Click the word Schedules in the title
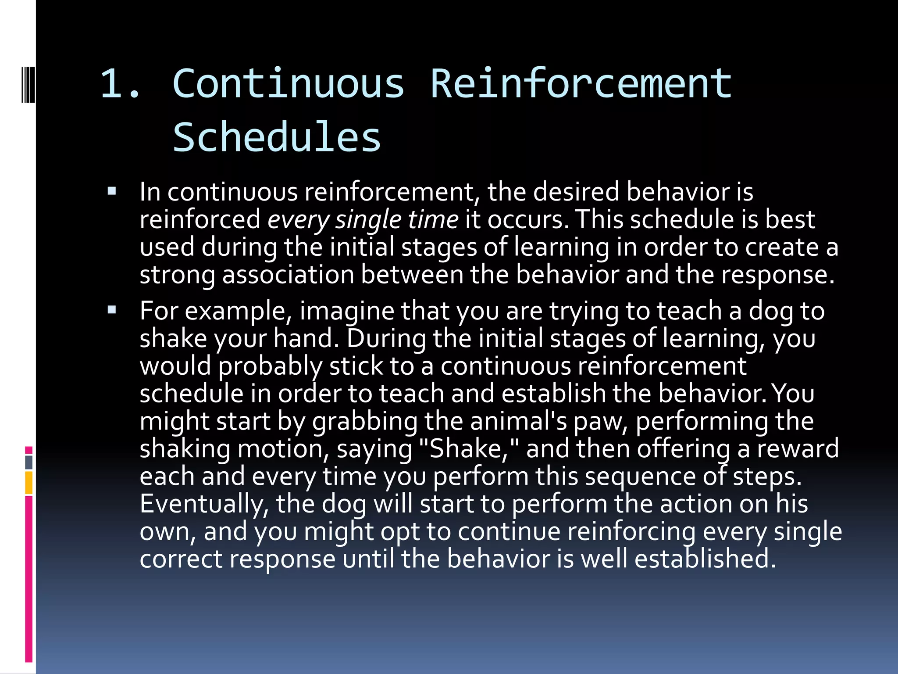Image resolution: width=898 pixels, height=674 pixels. click(277, 137)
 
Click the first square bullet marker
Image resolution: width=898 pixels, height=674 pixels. click(112, 191)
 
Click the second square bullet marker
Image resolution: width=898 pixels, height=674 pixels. click(112, 310)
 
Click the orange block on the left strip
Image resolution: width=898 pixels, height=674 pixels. click(29, 483)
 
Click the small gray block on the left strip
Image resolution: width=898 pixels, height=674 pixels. click(29, 462)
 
